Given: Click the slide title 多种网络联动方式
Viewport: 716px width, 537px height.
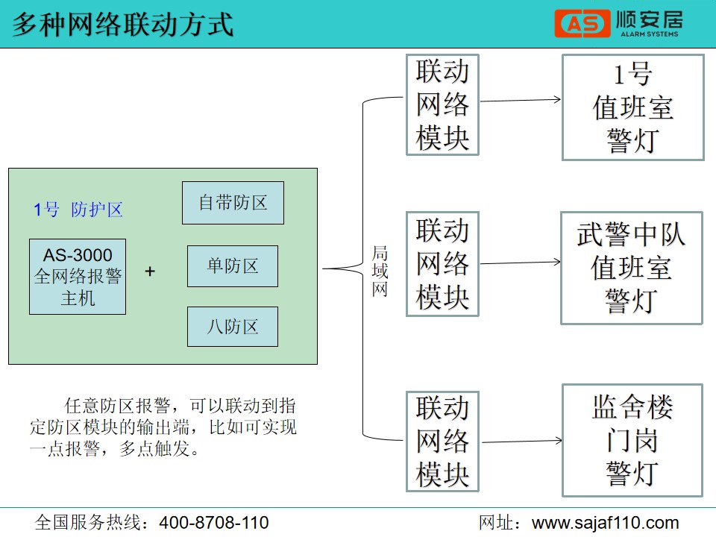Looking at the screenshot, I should (x=123, y=24).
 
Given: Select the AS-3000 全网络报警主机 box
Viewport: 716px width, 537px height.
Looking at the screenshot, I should (x=78, y=277).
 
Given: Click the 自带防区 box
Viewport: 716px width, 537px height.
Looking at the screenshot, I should (x=233, y=203).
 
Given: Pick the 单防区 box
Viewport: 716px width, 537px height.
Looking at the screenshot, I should (x=233, y=266).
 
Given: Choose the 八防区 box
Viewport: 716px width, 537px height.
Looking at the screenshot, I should (x=233, y=327).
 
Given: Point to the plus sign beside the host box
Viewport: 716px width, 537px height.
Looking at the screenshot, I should (x=150, y=271).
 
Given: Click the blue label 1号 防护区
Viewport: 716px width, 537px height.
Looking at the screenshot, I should (x=78, y=210).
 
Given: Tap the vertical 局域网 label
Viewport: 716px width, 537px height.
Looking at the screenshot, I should (x=380, y=271).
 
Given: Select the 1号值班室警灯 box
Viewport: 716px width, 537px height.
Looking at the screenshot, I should (x=632, y=107).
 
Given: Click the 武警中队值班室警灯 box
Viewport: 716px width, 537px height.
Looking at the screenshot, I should (x=631, y=268).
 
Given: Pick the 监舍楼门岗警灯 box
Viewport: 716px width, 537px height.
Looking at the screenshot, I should (x=632, y=440).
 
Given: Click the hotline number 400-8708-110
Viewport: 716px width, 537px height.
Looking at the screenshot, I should (x=214, y=523).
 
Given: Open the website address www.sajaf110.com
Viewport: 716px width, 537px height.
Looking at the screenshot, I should (x=605, y=523).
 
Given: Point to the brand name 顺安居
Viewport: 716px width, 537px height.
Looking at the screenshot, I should (x=650, y=19).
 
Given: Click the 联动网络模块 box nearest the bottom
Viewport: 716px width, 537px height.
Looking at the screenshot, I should (x=442, y=441).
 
